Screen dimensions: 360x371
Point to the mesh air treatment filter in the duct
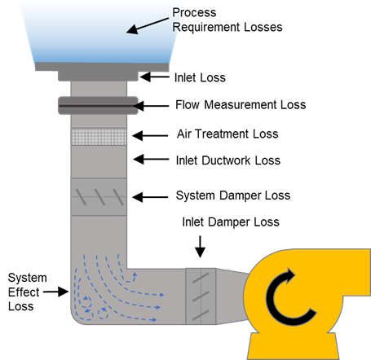click(x=99, y=137)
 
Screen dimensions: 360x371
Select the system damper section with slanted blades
click(x=99, y=196)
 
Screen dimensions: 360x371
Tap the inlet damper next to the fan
click(x=201, y=294)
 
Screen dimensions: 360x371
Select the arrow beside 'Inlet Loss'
click(x=155, y=77)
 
